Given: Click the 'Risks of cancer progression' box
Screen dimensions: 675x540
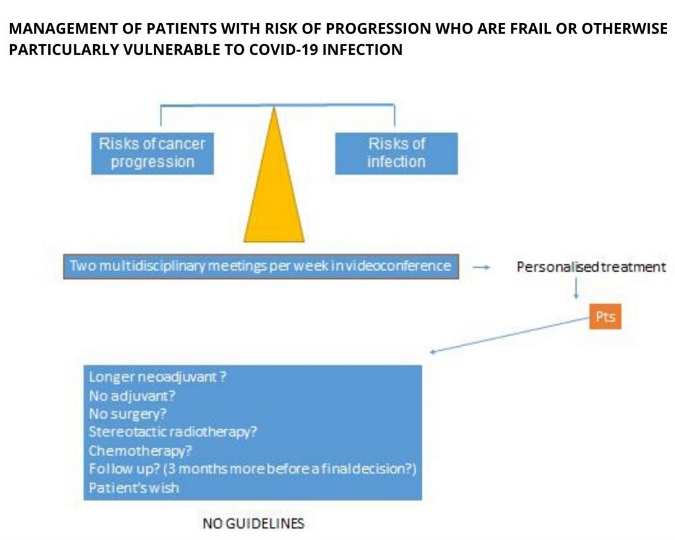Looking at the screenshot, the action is click(x=152, y=154).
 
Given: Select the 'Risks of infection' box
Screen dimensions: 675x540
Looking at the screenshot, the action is click(x=396, y=154).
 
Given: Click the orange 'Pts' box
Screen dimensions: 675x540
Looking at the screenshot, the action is click(x=605, y=317).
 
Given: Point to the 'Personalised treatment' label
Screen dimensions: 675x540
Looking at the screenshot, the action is click(x=591, y=267).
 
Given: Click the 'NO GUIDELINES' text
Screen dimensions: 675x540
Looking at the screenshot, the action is click(x=254, y=524).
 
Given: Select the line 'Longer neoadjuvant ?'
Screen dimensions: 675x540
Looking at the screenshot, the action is click(x=158, y=376).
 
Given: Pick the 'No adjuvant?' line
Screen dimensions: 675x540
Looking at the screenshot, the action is click(x=132, y=396).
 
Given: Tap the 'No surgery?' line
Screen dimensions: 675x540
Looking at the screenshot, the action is click(x=127, y=414).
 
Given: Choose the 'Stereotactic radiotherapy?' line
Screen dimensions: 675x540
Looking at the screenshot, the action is click(x=173, y=432).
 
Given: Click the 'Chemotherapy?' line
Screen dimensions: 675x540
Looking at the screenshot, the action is click(x=140, y=451).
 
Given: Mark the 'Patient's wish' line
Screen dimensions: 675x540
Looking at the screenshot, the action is click(x=133, y=488).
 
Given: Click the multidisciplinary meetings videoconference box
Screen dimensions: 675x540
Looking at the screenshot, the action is click(x=261, y=266).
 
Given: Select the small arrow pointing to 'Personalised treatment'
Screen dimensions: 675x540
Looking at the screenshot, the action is click(x=481, y=268).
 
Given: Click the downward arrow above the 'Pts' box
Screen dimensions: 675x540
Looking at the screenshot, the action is click(x=576, y=288).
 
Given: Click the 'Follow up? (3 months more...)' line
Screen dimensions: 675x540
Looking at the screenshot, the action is click(x=252, y=469).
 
